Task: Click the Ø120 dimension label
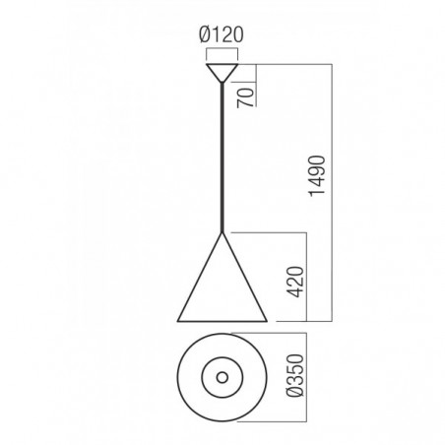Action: pyautogui.click(x=222, y=34)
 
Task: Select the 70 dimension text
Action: pyautogui.click(x=246, y=97)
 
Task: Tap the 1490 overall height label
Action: pyautogui.click(x=317, y=176)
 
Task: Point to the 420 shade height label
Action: pyautogui.click(x=295, y=283)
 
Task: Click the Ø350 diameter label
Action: pyautogui.click(x=295, y=375)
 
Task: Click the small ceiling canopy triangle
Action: pyautogui.click(x=222, y=73)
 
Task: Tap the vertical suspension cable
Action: pyautogui.click(x=222, y=158)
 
